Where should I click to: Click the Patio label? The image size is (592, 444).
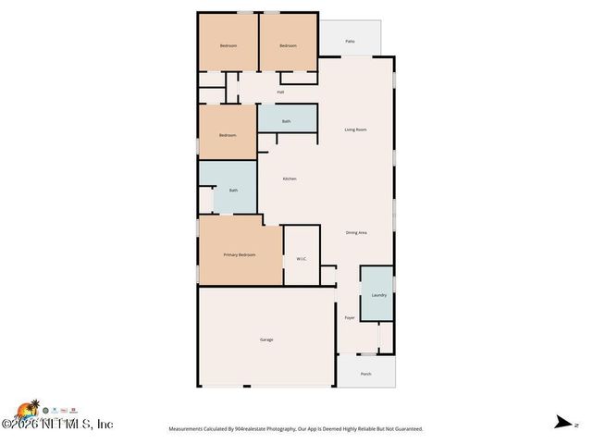point(351,42)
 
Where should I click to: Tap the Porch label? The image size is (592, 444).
point(365,374)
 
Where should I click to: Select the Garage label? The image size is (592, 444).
point(266,339)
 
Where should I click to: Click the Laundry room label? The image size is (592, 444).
point(378,295)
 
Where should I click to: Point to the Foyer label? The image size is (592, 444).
point(350,317)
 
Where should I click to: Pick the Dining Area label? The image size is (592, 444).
point(356,232)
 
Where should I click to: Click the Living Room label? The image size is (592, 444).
point(356,129)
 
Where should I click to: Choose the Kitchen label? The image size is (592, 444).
point(290,179)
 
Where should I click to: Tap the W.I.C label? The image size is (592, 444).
point(302,258)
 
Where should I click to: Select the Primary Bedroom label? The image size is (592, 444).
point(239,254)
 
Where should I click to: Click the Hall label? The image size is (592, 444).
point(280,92)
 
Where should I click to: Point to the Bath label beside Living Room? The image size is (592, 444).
point(287,121)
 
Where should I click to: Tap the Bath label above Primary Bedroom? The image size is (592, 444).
point(233,191)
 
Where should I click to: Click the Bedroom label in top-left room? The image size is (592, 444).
point(228,46)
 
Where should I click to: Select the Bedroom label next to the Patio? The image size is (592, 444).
point(288,46)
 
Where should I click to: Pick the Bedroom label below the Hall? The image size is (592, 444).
point(228,135)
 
